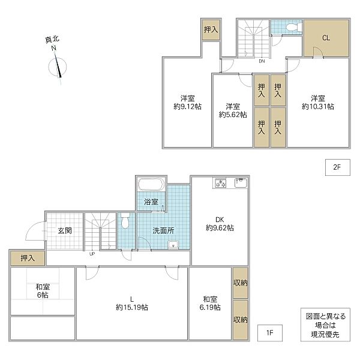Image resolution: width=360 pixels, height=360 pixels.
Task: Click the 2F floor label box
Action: click(x=337, y=167)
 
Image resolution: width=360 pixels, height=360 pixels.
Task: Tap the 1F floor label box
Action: click(x=270, y=333)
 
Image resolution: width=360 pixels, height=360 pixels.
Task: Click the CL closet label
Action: click(x=326, y=38)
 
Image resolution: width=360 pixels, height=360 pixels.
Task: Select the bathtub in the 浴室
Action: click(x=151, y=184)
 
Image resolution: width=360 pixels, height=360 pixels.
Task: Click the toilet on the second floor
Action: click(x=294, y=28)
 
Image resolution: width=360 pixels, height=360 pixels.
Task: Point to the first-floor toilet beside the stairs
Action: click(x=125, y=221)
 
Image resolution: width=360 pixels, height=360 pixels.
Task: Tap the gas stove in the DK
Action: click(x=221, y=183)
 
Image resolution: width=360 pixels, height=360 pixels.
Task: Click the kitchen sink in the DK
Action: click(x=241, y=183)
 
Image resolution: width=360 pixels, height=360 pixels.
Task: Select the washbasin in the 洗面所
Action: click(x=173, y=245)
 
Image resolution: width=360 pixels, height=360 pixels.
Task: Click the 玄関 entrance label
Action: click(x=65, y=230)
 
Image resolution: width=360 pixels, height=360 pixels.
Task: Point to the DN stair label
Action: click(x=262, y=61)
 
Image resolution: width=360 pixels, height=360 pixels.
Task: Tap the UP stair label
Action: click(x=92, y=254)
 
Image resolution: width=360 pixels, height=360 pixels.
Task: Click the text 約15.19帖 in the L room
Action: click(x=132, y=307)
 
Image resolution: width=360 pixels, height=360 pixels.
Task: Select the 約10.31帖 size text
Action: click(x=318, y=107)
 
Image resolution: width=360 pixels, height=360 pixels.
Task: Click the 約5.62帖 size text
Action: click(x=233, y=115)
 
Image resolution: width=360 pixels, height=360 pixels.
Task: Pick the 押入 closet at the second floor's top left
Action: click(x=211, y=30)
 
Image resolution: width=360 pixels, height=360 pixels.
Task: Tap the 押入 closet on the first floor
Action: click(x=28, y=258)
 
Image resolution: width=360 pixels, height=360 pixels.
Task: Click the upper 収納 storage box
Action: click(x=241, y=283)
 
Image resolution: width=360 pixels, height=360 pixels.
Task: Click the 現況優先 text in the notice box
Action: click(x=325, y=334)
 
